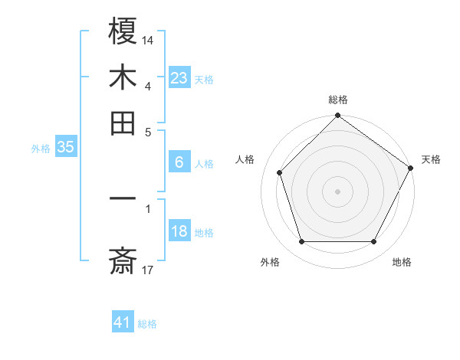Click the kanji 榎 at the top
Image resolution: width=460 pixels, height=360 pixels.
pos(123,31)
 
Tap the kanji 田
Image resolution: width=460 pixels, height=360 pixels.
pos(123,122)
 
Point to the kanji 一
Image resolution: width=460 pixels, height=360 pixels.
pos(123,198)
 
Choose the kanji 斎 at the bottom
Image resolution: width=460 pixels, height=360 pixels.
pos(123,263)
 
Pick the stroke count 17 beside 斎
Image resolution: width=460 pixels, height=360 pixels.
pos(148,270)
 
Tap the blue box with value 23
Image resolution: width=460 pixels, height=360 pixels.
pos(179,77)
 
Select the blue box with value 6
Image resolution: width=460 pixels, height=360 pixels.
pos(179,162)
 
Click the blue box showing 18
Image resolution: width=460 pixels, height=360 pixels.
pos(179,231)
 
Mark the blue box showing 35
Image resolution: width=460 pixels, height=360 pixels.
pos(65,147)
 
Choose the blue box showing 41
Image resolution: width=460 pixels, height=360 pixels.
pos(123,322)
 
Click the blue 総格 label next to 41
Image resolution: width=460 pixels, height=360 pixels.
pos(147,324)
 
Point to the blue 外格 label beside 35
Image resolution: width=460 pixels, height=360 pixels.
pos(41,149)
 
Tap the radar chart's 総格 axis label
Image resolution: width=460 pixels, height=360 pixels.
pos(337,100)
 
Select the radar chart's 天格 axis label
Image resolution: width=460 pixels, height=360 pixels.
pos(431,159)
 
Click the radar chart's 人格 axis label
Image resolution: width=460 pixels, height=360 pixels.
pos(245,159)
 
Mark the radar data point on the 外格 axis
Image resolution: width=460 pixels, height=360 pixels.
pos(301,241)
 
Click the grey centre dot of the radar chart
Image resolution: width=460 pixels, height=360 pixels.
pos(337,191)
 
